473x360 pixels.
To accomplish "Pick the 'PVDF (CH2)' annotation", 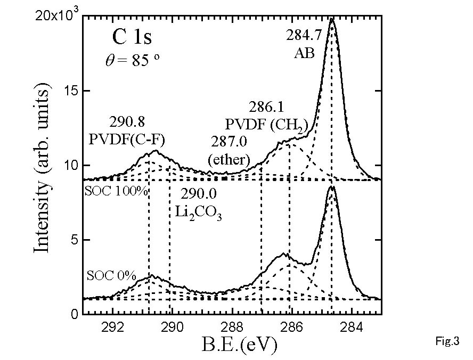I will (267, 125).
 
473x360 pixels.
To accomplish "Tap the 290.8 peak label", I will (126, 121).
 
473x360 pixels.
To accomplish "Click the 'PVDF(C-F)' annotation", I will (126, 140).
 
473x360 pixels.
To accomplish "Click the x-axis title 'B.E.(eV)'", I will (239, 346).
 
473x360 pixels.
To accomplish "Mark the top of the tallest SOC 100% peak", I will (332, 19).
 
